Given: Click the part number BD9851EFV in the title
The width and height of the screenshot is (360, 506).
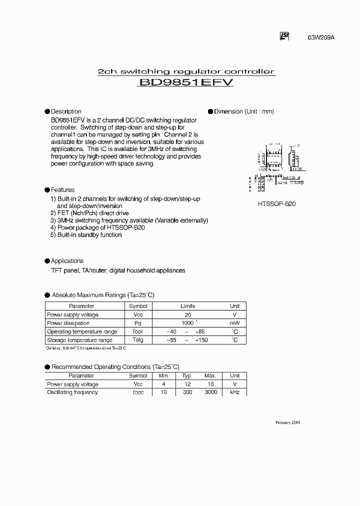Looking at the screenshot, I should point(186,84).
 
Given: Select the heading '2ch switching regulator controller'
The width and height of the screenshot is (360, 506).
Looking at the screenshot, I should point(185,71).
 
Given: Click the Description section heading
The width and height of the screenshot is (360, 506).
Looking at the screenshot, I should point(66,111).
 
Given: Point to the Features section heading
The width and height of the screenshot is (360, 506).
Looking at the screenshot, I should point(62,190).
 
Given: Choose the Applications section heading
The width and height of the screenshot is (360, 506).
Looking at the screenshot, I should point(67,261).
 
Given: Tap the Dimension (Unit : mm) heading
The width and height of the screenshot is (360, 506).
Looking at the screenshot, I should point(244,111).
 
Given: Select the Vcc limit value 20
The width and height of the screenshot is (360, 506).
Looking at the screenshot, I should point(188,315).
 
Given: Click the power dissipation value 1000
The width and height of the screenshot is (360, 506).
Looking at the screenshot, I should point(187,323).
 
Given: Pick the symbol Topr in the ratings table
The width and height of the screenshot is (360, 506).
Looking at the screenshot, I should point(138,332).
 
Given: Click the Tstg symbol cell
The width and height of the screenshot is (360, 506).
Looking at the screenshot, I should point(138,340).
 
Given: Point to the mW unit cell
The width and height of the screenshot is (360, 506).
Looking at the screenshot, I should point(234,323).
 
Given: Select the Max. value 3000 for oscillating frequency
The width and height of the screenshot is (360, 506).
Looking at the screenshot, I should point(210,392).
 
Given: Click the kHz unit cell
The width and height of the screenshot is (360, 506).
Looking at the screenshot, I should point(234,392).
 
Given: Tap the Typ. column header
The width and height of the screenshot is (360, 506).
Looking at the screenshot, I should point(187,376).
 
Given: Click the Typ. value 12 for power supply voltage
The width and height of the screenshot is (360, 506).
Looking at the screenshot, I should point(187,384).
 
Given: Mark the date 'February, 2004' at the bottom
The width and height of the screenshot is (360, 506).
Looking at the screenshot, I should point(288,422).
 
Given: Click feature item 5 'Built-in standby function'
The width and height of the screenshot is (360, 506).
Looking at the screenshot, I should point(86,235).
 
